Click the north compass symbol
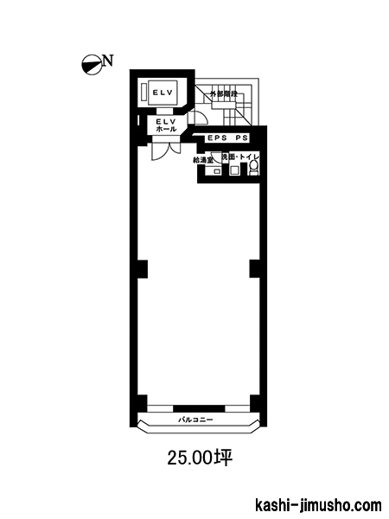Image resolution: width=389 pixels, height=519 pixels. click(92, 65)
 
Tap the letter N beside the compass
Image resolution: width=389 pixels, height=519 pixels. click(108, 61)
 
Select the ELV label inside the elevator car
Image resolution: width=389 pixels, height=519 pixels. click(163, 93)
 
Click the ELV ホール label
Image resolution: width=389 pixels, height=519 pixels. click(166, 125)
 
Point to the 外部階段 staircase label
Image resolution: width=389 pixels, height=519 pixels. click(223, 94)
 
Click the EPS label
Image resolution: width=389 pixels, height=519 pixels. click(217, 138)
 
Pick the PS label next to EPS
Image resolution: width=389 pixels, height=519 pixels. click(241, 138)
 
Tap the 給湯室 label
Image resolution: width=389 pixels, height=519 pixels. click(203, 160)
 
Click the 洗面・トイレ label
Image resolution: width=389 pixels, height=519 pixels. click(240, 157)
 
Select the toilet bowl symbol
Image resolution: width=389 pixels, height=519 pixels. click(253, 168)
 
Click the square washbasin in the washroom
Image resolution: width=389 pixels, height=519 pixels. click(234, 170)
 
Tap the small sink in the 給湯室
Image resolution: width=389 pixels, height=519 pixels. click(217, 171)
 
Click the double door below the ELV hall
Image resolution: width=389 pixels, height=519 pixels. click(166, 151)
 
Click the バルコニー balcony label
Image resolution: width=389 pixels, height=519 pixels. click(195, 420)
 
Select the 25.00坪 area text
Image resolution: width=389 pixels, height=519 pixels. click(201, 458)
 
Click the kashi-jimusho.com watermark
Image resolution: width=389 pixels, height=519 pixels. click(318, 505)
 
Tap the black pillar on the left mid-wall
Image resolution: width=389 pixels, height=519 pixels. click(143, 269)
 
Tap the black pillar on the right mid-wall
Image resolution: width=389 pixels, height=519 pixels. click(254, 269)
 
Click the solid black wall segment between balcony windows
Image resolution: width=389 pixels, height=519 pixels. click(199, 408)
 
